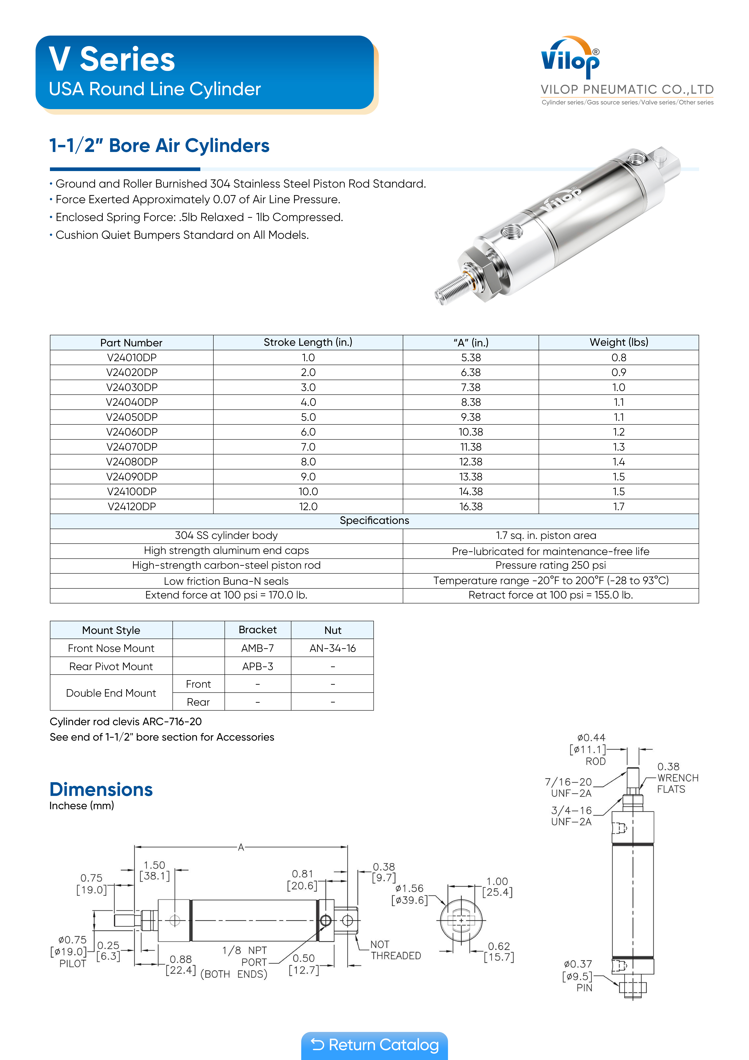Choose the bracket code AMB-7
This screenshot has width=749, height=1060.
(258, 648)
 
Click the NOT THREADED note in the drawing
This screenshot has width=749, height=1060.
(395, 950)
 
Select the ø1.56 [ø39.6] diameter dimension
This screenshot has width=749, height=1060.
(409, 894)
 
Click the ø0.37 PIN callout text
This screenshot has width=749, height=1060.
(578, 976)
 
